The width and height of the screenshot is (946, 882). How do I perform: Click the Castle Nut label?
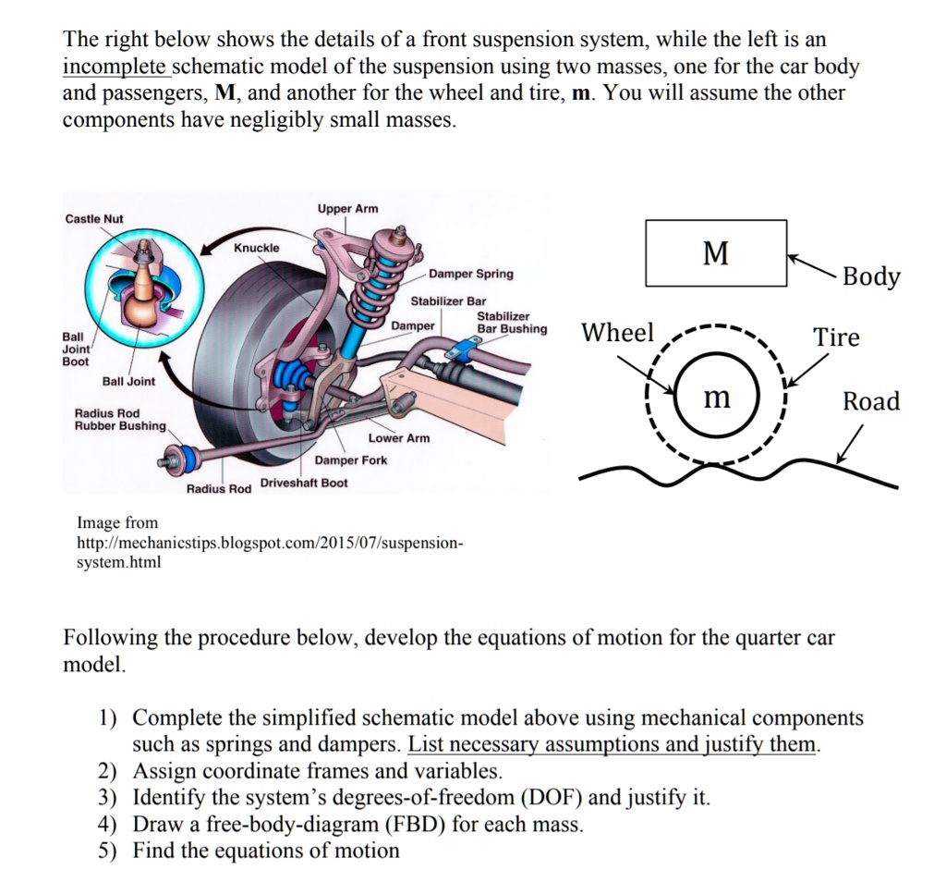click(x=94, y=218)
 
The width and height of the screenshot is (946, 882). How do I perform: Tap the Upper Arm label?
click(x=347, y=209)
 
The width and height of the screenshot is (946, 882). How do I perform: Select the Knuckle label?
click(x=257, y=248)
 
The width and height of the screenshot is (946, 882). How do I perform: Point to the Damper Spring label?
click(x=471, y=275)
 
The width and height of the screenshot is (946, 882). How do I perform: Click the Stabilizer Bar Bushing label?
click(x=511, y=323)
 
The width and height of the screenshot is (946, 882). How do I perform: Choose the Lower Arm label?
click(x=399, y=438)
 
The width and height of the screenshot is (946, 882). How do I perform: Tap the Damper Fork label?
click(x=351, y=460)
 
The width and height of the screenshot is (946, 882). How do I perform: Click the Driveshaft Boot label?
click(x=304, y=484)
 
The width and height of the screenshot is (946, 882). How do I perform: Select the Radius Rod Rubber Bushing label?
click(x=120, y=420)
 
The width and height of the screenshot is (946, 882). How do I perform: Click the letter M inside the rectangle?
click(x=716, y=252)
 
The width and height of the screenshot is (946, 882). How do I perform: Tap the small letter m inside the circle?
click(x=717, y=398)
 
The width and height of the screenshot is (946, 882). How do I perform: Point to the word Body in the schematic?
click(x=871, y=276)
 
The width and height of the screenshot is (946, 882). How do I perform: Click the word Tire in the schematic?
click(x=836, y=337)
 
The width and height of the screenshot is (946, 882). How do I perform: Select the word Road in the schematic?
click(x=870, y=401)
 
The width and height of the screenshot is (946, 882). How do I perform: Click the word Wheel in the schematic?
click(x=617, y=333)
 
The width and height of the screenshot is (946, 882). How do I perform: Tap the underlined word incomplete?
click(x=115, y=67)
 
